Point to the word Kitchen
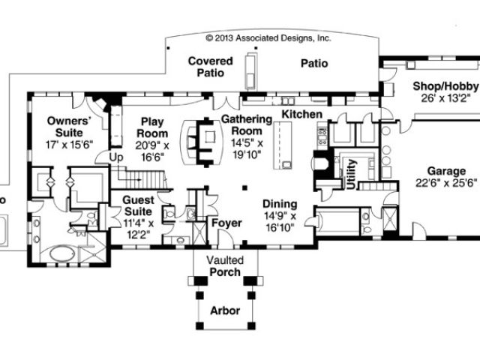(301, 114)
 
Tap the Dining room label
(279, 204)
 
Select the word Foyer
(226, 223)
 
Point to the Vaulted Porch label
(226, 264)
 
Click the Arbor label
(226, 310)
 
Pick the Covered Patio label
(207, 67)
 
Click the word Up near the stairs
(116, 157)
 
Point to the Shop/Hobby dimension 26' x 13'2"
(445, 97)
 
